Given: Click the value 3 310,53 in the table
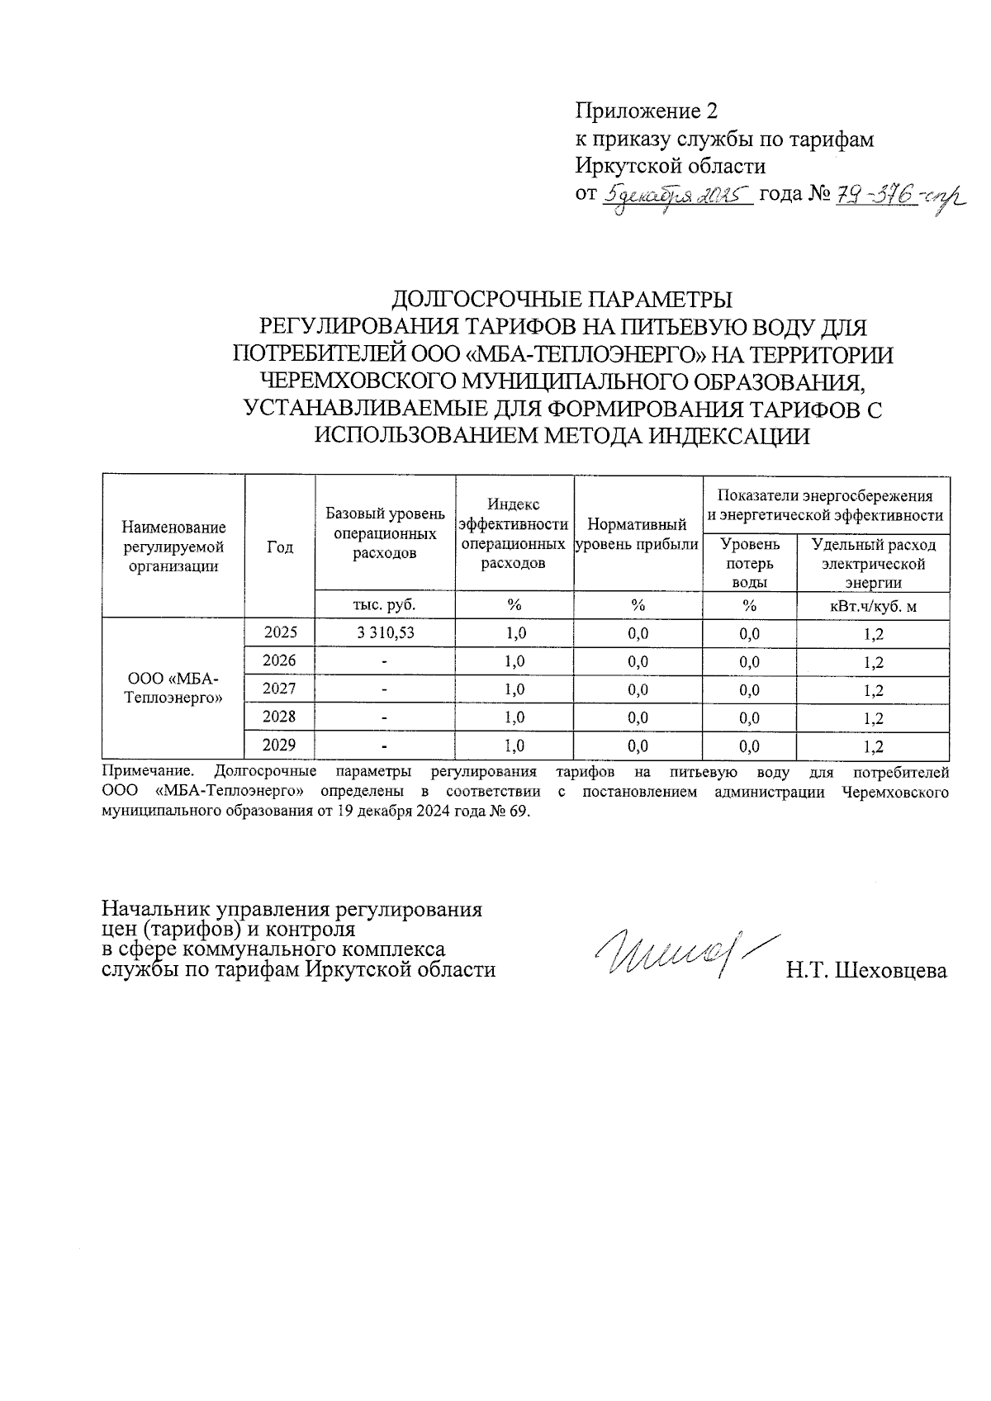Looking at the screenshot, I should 385,633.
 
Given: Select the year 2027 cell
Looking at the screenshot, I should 279,689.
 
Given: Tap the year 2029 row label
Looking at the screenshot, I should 279,745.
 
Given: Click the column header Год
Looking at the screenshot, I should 280,547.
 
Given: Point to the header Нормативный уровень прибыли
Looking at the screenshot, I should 637,534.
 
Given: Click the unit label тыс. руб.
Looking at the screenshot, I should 384,604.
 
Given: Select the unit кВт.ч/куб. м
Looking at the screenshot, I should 873,607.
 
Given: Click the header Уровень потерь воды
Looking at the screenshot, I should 749,563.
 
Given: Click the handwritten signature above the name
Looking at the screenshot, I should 677,954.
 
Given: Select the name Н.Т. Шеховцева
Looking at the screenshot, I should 866,971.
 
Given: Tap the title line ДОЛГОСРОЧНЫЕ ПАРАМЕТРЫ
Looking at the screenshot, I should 562,299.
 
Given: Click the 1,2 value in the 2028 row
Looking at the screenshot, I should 873,718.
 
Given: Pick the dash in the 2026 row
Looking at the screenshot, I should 385,661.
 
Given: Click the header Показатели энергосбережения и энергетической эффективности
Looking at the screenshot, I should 826,505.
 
